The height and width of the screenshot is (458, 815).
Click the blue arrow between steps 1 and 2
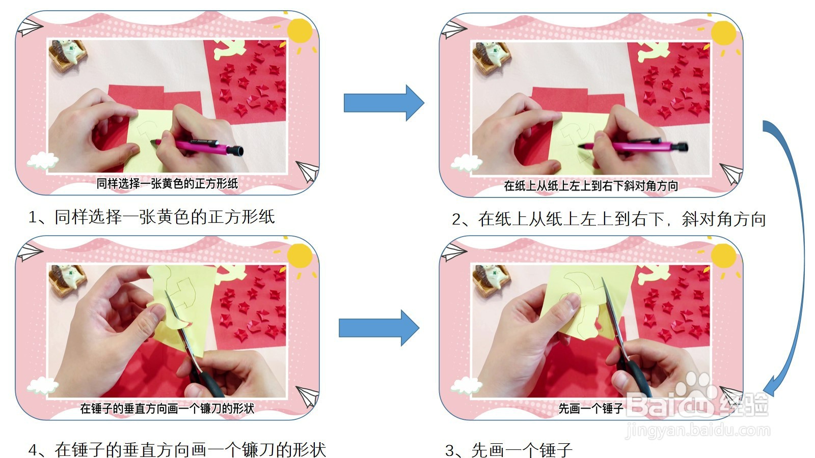[383, 103]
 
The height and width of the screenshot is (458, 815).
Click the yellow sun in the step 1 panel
[300, 31]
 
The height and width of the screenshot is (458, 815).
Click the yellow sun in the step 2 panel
[723, 33]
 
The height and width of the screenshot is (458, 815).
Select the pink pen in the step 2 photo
[637, 146]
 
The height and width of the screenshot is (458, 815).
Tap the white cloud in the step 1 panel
[43, 161]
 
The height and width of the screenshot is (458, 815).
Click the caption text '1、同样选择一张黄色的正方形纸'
[152, 217]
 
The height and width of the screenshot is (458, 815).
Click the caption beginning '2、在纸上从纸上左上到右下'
[609, 219]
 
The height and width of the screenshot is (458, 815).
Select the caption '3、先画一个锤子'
[509, 450]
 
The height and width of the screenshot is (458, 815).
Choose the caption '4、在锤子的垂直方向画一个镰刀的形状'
[177, 450]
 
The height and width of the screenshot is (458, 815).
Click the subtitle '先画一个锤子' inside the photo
[591, 408]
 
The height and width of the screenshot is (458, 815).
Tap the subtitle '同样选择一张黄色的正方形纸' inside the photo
[167, 184]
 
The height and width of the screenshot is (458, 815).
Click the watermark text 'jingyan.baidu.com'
[698, 431]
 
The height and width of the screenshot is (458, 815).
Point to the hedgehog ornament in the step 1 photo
[67, 54]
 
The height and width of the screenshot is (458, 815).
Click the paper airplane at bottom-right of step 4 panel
[307, 397]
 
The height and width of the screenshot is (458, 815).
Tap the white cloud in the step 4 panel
[43, 385]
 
